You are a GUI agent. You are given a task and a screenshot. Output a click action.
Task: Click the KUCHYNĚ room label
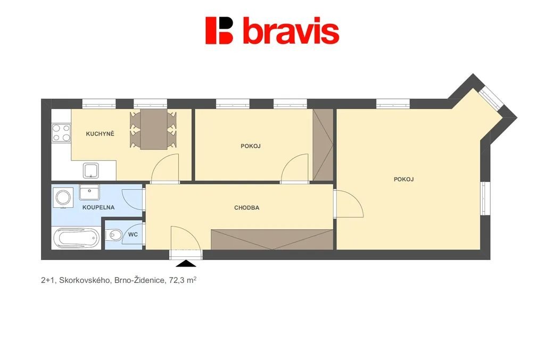pos(100,133)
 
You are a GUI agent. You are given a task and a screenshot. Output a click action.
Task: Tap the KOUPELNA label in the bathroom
pos(98,207)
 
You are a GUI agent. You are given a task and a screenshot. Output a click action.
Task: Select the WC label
pos(133,235)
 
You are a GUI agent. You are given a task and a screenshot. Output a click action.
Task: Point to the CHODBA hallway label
pos(247,207)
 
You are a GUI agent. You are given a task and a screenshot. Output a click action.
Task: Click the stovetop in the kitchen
pos(61,133)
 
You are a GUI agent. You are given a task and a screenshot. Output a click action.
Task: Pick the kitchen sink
pos(90,171)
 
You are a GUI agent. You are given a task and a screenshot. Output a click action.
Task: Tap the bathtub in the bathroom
pos(77,238)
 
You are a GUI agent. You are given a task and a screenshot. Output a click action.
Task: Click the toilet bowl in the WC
pos(114,236)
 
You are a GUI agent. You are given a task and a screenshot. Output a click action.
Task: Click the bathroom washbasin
pos(89,192)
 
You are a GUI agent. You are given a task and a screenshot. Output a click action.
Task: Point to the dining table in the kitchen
pos(154,129)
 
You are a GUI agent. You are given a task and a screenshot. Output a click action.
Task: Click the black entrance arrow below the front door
pos(186,264)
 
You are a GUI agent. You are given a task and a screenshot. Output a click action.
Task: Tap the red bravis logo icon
pos(219,30)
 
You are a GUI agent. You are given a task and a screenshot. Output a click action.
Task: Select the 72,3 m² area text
pos(183,280)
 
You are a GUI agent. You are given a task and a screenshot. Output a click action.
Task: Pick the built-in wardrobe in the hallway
pos(272,239)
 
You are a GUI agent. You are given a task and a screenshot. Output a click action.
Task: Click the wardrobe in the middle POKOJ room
pos(323,145)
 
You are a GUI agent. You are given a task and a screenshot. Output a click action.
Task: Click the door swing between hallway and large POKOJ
pos(349,204)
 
